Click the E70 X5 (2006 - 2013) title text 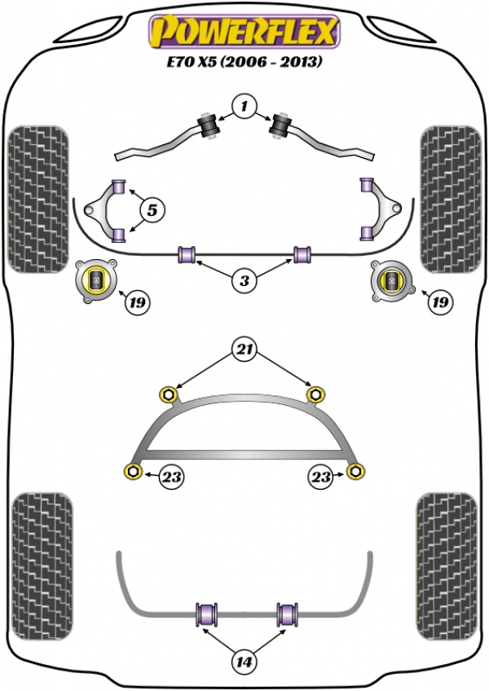click(242, 61)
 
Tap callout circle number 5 click(152, 210)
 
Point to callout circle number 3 click(243, 282)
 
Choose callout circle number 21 click(244, 352)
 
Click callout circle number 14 click(244, 662)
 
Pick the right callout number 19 click(441, 303)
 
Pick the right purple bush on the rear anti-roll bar click(285, 614)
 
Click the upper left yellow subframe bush click(170, 394)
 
